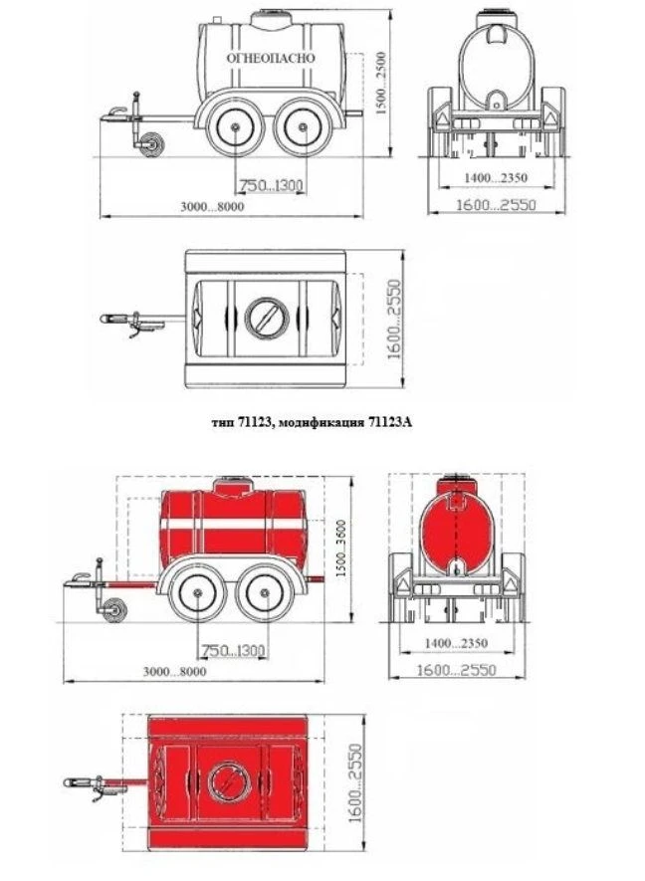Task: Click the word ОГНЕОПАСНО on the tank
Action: [271, 58]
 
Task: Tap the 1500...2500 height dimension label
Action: [381, 84]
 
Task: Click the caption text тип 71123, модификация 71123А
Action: [312, 422]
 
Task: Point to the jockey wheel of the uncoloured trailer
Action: [151, 144]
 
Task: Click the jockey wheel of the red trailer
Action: [114, 610]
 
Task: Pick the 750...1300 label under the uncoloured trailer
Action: [272, 185]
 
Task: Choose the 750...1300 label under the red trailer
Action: [233, 651]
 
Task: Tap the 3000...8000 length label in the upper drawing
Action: [212, 206]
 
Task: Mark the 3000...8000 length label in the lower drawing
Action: [175, 671]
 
